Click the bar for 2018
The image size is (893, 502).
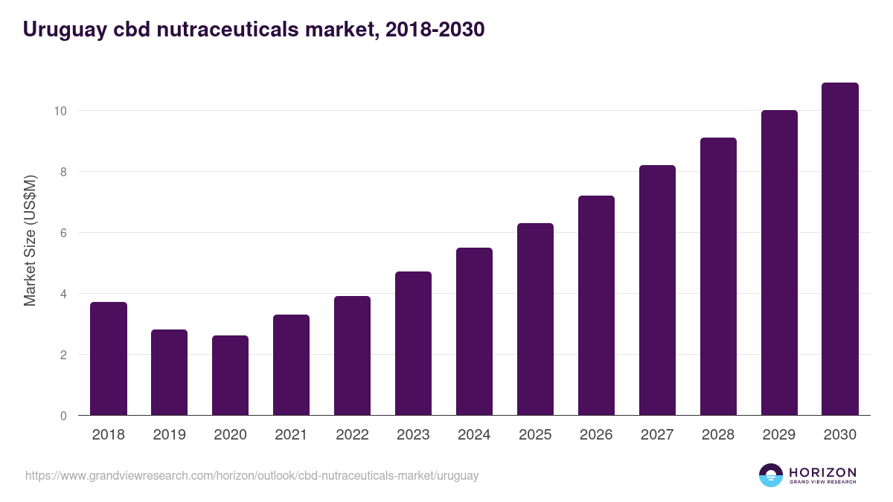pos(109,358)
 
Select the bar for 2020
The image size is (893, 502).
pos(230,376)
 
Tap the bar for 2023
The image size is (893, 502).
pos(413,344)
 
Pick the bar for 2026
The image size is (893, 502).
pos(596,306)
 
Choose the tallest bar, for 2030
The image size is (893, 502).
pos(839,249)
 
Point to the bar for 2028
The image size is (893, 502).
pos(718,277)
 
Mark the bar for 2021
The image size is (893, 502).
pos(291,365)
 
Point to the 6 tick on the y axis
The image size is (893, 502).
pos(63,233)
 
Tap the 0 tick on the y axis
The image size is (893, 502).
pos(63,416)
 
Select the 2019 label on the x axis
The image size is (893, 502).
pos(170,435)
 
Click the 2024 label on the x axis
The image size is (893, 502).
pos(474,435)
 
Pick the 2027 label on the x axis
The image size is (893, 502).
pos(657,435)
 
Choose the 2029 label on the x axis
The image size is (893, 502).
pos(779,435)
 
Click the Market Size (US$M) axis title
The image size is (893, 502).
pos(30,242)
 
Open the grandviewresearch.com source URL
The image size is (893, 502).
pos(252,475)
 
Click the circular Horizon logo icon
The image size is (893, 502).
pos(771,475)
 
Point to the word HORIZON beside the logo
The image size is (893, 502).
pos(822,472)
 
